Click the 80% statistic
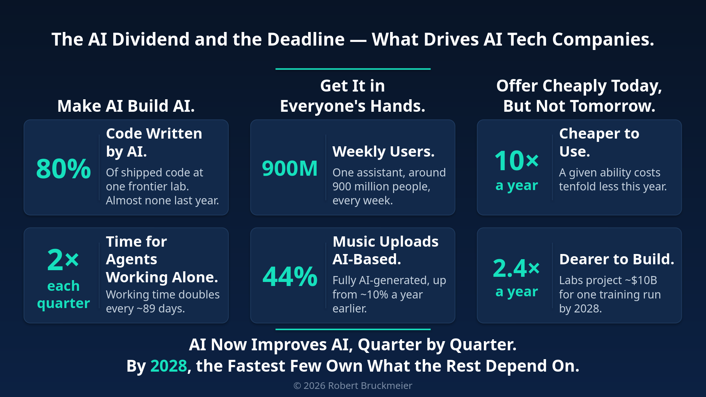pos(63,169)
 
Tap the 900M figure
pos(290,168)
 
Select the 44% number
pos(290,276)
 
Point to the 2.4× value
pos(516,268)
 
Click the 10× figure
pos(517,161)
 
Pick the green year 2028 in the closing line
pos(169,366)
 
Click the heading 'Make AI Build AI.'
pos(126,106)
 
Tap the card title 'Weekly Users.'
pos(384,151)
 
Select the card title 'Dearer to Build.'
pos(617,260)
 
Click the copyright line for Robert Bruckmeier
pos(353,386)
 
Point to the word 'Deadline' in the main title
pos(306,39)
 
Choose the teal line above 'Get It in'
pos(353,69)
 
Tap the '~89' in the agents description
pos(146,309)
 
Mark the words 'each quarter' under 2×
pos(64,294)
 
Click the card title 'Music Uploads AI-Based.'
pos(385,250)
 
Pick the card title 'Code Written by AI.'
pos(154,142)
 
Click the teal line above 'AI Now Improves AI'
pos(353,329)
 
